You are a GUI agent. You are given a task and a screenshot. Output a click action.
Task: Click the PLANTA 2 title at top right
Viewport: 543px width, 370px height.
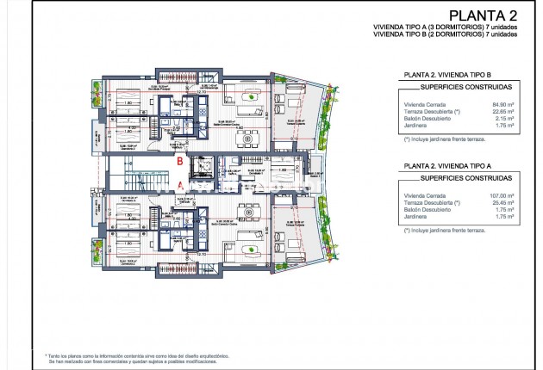pos(484,15)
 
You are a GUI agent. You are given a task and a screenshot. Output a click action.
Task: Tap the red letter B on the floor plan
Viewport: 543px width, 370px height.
pos(178,161)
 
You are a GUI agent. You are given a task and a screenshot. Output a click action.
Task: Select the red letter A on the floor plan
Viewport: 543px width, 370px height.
pos(178,183)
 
